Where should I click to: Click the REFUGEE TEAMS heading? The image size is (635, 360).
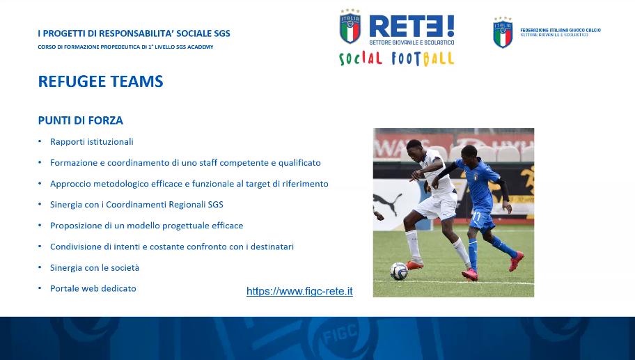(x=100, y=81)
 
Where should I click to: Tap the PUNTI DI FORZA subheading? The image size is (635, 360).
(x=81, y=120)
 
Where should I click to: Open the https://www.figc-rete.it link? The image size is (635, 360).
(x=299, y=291)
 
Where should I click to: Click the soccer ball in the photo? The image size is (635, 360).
(x=399, y=272)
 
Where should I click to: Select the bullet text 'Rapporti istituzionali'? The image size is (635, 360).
(x=91, y=142)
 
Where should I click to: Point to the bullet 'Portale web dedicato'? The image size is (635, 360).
(x=93, y=288)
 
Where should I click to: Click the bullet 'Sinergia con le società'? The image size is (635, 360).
(x=95, y=267)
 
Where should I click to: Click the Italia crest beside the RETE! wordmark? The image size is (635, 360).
(x=350, y=26)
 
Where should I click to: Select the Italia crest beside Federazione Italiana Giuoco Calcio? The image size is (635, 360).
(x=503, y=33)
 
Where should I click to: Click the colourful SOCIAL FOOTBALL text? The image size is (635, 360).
(x=396, y=58)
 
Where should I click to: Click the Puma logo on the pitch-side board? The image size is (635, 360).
(x=387, y=203)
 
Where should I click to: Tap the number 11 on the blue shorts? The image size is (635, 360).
(x=476, y=217)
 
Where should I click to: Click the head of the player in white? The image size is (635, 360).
(x=414, y=150)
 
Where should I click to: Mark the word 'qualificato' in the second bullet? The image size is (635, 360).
(x=299, y=163)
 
